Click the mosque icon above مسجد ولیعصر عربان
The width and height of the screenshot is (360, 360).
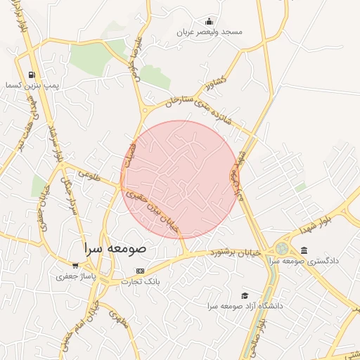pyautogui.click(x=209, y=21)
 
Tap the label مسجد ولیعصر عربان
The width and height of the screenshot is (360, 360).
pyautogui.click(x=209, y=32)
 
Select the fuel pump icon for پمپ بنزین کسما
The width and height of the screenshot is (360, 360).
pyautogui.click(x=31, y=75)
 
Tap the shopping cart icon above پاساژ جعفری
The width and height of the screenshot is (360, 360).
pyautogui.click(x=79, y=268)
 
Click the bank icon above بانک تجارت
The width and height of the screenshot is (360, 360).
pyautogui.click(x=140, y=271)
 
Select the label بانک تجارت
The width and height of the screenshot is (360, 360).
pyautogui.click(x=141, y=282)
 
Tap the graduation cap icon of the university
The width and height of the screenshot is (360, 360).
pyautogui.click(x=245, y=295)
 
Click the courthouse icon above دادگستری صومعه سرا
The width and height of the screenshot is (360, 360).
pyautogui.click(x=304, y=250)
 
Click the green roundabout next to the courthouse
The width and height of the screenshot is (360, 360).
pyautogui.click(x=281, y=248)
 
